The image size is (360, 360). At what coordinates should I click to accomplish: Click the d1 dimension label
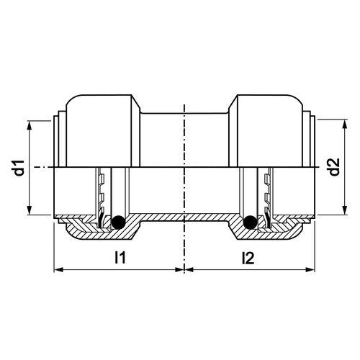tap(20, 168)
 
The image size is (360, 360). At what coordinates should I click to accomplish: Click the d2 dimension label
tap(334, 167)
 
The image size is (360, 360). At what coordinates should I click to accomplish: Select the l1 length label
tap(120, 257)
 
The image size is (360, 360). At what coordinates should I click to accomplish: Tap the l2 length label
tap(248, 257)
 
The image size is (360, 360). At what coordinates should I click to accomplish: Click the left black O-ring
tap(118, 222)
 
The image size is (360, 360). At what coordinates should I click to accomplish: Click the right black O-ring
tap(250, 222)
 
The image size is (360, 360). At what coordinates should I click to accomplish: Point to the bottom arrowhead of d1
tap(30, 210)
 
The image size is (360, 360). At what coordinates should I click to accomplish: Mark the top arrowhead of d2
tap(345, 124)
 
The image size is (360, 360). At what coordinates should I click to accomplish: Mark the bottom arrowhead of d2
tap(345, 210)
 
